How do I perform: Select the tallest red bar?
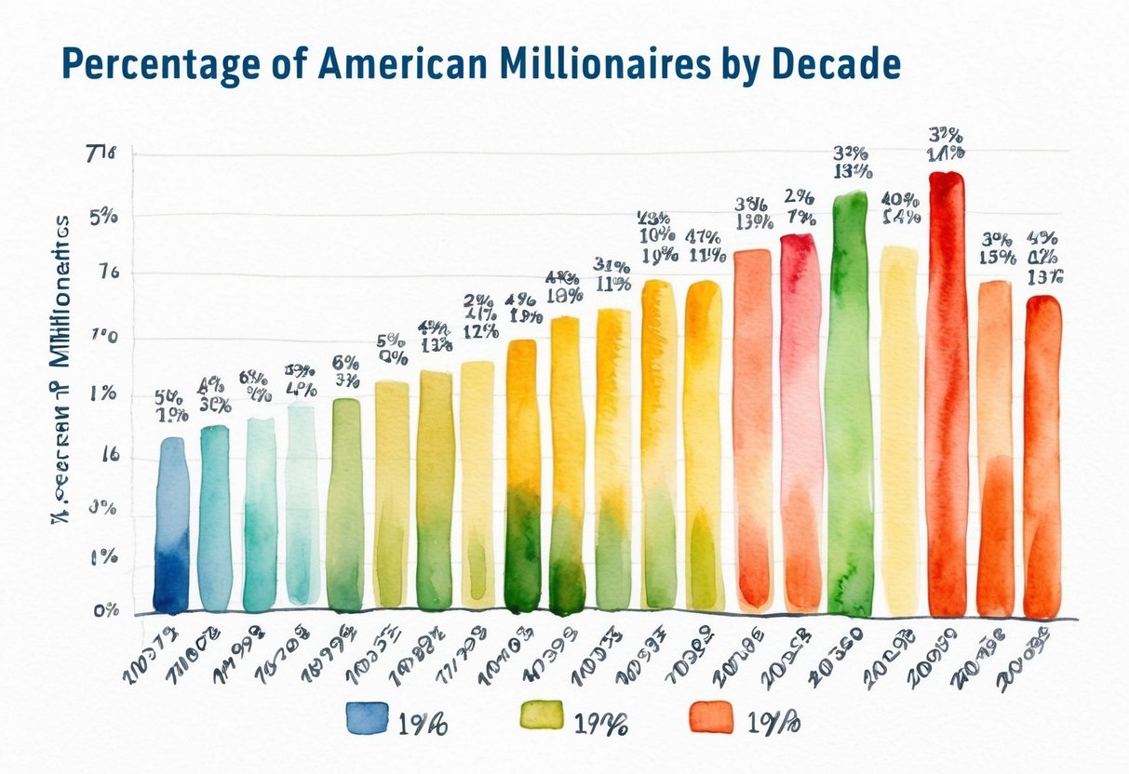(947, 391)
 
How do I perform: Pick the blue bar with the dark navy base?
(170, 526)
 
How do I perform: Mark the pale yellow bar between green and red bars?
(898, 428)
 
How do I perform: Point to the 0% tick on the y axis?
(105, 610)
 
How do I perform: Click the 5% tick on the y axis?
(103, 217)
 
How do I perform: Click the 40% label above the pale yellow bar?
(900, 199)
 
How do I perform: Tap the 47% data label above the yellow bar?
(705, 236)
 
